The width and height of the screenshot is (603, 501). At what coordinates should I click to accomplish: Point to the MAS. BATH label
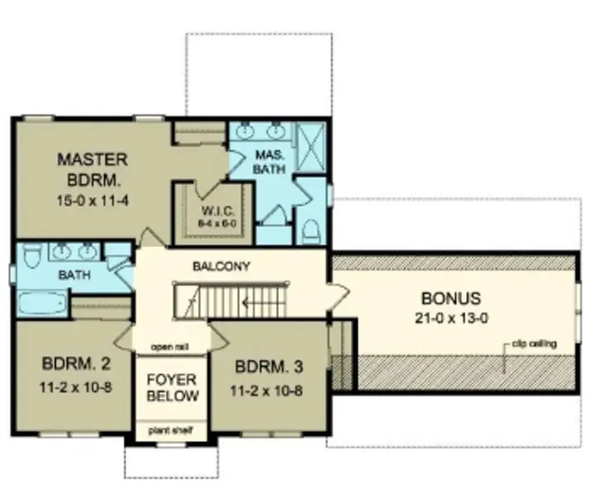(x=270, y=161)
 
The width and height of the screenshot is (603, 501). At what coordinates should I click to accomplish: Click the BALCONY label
(x=221, y=266)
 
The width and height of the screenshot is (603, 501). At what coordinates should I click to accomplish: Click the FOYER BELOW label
(x=173, y=388)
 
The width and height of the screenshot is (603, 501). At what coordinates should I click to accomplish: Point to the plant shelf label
(x=173, y=430)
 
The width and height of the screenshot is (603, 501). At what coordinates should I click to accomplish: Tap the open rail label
(x=173, y=346)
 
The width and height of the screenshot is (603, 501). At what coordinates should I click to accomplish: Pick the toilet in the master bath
(x=309, y=230)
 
